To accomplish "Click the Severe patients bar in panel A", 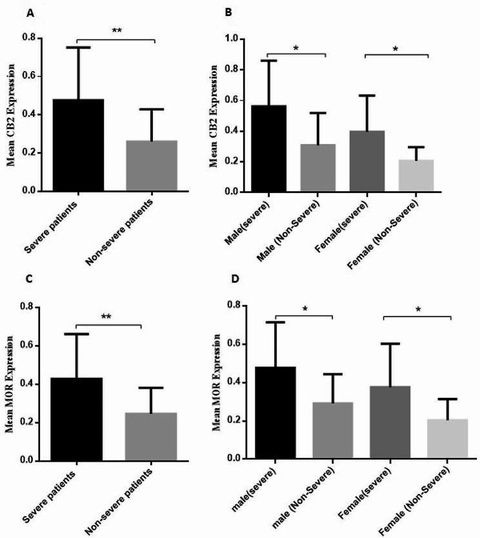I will pos(77,145).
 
